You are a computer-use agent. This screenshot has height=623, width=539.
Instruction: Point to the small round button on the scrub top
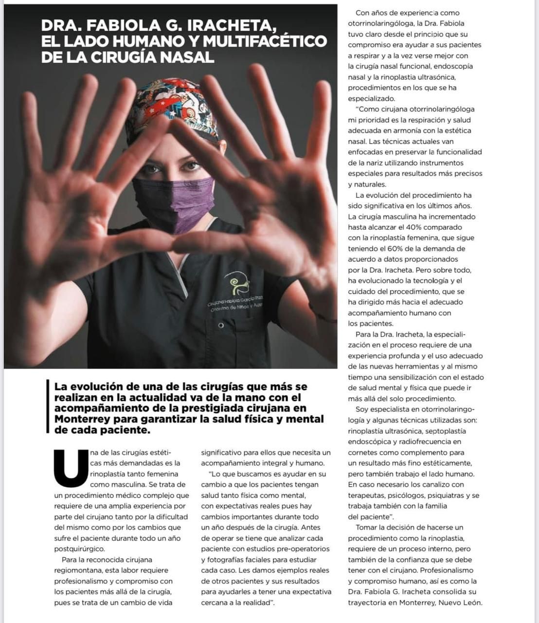[221, 326]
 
